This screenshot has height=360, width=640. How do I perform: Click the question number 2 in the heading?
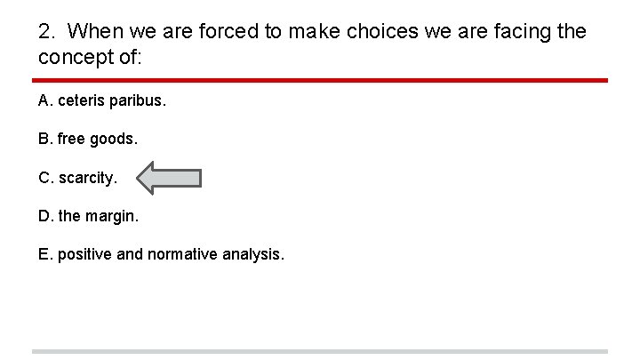[46, 32]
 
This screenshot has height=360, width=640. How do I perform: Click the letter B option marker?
[44, 140]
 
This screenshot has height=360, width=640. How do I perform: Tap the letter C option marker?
[45, 178]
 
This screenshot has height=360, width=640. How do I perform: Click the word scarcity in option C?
[87, 178]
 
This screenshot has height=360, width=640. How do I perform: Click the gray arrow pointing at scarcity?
[171, 178]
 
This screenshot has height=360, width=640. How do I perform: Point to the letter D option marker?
[45, 216]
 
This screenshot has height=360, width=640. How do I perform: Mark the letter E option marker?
[44, 255]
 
